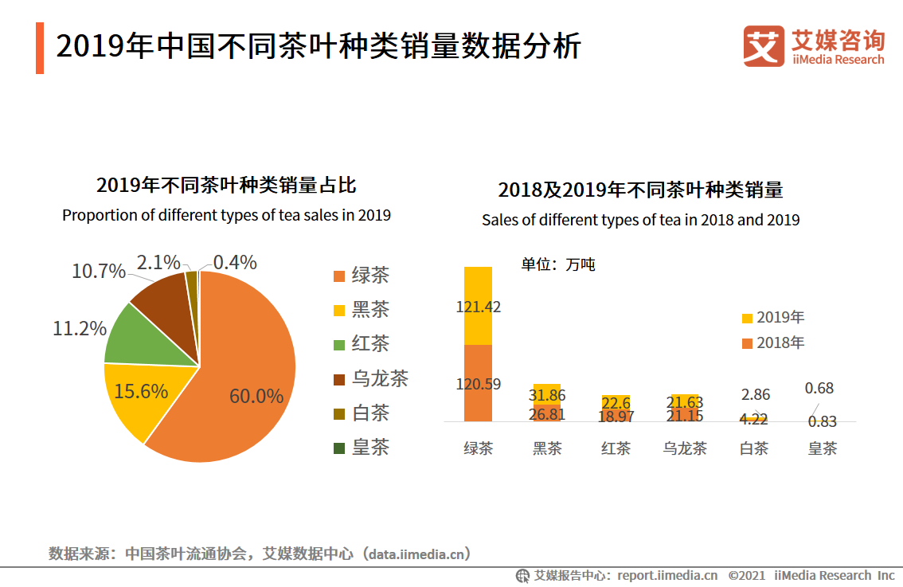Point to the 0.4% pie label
tap(235, 262)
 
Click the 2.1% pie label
tap(158, 262)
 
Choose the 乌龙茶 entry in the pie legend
tap(371, 378)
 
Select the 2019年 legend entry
tap(772, 317)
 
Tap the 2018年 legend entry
tap(772, 342)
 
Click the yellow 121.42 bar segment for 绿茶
tap(478, 306)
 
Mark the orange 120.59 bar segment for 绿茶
tap(478, 383)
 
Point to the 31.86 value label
tap(546, 395)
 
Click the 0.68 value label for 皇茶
tap(819, 388)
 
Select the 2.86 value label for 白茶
tap(755, 394)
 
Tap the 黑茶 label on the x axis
tap(547, 448)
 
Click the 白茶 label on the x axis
tap(754, 448)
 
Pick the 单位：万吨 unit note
tap(558, 264)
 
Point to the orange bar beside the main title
tap(40, 49)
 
